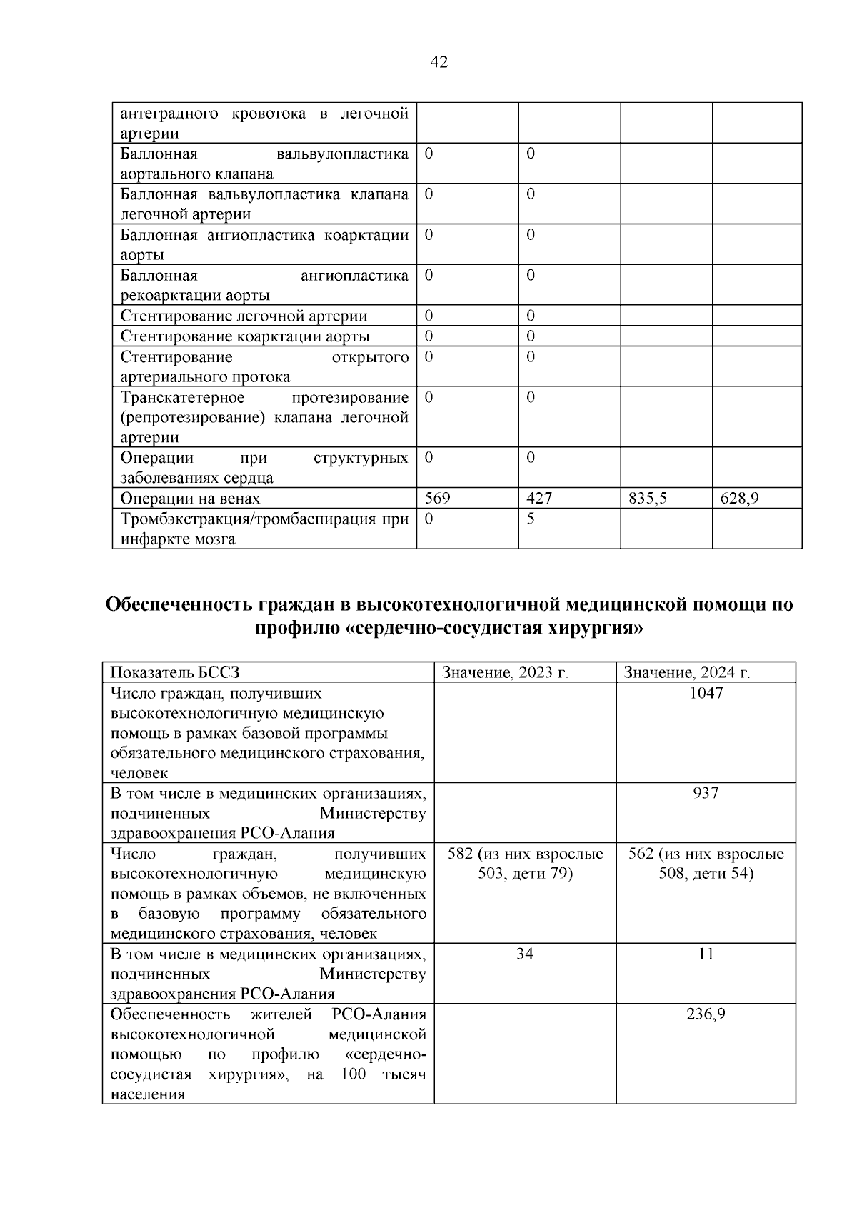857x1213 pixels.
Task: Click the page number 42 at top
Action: [x=439, y=63]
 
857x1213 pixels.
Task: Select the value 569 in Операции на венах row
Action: [x=437, y=499]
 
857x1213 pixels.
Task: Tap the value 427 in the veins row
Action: [x=539, y=499]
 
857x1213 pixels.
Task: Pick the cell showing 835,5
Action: [x=648, y=499]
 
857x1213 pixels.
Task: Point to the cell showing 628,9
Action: [x=739, y=499]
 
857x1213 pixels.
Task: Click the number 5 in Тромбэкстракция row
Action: [x=531, y=519]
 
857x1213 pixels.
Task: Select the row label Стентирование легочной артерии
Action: [x=244, y=316]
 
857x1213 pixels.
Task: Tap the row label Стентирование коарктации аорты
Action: [x=245, y=336]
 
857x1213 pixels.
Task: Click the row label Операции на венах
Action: [x=190, y=499]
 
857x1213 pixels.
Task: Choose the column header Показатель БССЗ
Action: [x=175, y=672]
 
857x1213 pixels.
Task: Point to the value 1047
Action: [x=706, y=693]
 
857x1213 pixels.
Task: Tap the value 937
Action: [x=706, y=793]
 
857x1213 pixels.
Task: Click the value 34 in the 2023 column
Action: [x=525, y=954]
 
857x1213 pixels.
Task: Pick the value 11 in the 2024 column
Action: [x=706, y=954]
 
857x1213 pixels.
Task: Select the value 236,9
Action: [x=706, y=1014]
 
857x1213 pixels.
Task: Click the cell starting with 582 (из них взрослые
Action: [x=525, y=864]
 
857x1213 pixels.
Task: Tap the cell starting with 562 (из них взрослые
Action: [x=706, y=864]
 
